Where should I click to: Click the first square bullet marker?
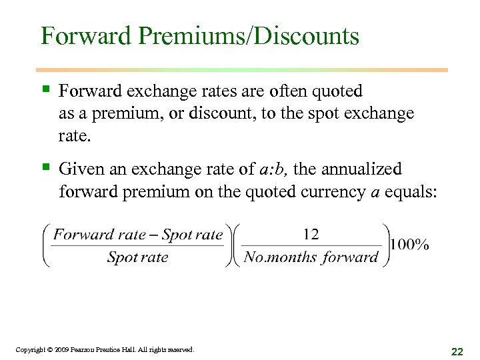tap(45, 89)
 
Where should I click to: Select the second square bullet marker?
tap(45, 167)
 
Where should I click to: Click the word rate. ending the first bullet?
tap(74, 136)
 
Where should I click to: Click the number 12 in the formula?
tap(311, 233)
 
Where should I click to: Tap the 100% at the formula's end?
tap(410, 244)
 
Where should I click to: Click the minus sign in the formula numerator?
tap(155, 234)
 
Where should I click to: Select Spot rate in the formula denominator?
tap(137, 257)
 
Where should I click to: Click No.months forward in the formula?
tap(311, 257)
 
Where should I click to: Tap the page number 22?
tap(457, 351)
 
